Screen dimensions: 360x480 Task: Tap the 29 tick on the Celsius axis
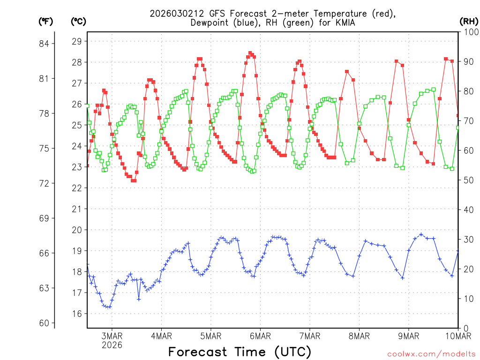(x=77, y=41)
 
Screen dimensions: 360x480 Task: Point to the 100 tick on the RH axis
(x=469, y=32)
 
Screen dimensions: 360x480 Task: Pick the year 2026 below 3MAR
(x=112, y=345)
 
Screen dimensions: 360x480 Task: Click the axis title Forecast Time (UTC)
(x=240, y=352)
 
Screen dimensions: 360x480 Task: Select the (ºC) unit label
(x=78, y=21)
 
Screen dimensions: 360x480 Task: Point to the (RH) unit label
(x=469, y=21)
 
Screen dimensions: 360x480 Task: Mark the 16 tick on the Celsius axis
(x=77, y=314)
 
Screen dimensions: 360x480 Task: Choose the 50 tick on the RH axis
(x=467, y=180)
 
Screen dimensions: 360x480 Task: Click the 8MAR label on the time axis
(x=359, y=336)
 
